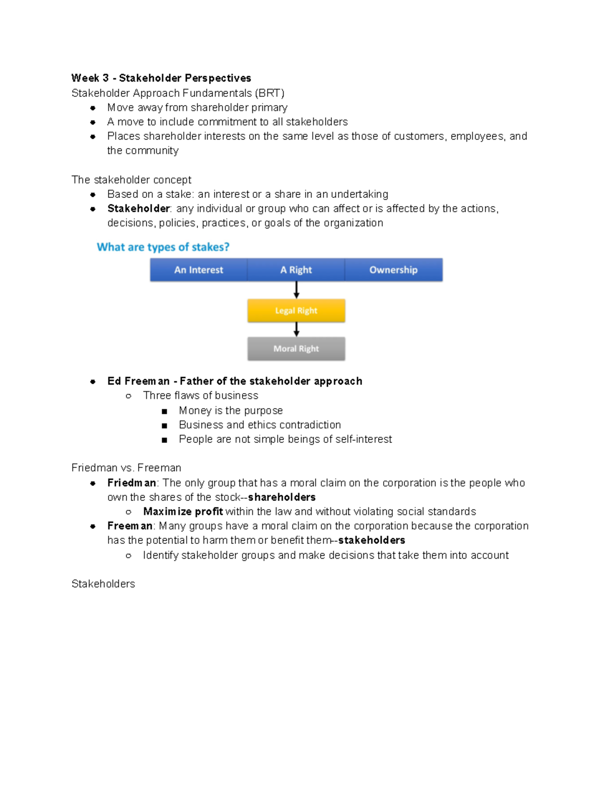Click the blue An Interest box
coord(198,270)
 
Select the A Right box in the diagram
coord(296,270)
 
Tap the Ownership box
coord(393,270)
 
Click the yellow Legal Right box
coord(296,311)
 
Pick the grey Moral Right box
coord(296,349)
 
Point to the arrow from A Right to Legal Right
coord(296,290)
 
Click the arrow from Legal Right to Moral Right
coord(296,329)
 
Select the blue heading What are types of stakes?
coord(163,247)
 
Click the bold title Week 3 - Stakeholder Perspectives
coord(161,78)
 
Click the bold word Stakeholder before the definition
coord(139,209)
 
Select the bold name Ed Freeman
coord(139,381)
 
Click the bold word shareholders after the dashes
coord(282,497)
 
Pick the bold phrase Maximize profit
coord(183,511)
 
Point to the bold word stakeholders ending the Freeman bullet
coord(371,540)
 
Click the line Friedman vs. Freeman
coord(126,468)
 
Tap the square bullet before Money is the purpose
coord(164,411)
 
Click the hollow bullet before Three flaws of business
coord(128,396)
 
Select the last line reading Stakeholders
coord(103,584)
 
